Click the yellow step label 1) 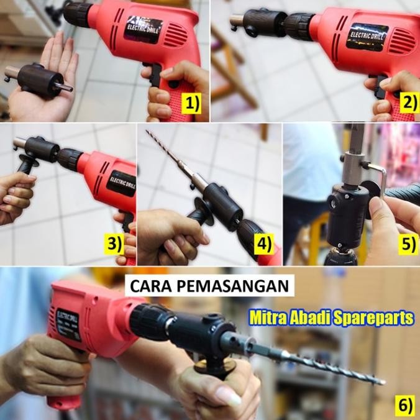pos(191,104)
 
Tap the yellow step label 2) pos(407,104)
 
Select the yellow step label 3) pos(114,244)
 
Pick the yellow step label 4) pos(264,244)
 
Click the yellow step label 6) pos(404,406)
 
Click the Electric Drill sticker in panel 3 pos(121,184)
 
